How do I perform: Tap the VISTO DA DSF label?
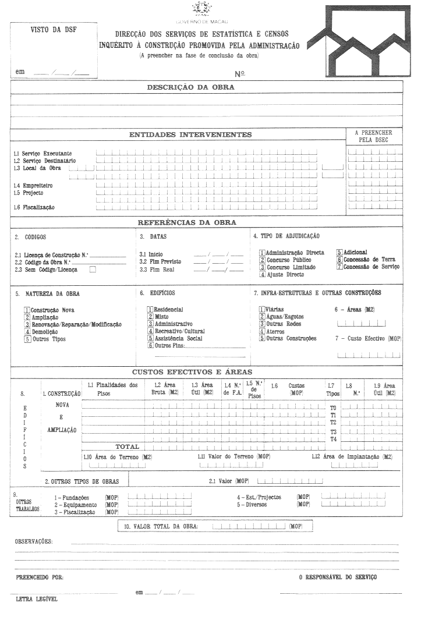[53, 29]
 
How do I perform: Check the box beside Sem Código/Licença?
[92, 270]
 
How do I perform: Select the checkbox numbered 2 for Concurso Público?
[262, 260]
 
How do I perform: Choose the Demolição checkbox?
[27, 332]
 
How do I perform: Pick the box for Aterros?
[262, 331]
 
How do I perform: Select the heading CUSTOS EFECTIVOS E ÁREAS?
[192, 372]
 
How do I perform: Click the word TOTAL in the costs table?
[127, 447]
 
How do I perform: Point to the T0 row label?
[333, 408]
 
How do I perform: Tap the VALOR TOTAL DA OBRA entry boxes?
[249, 526]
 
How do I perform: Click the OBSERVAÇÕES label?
[33, 541]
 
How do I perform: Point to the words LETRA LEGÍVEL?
[36, 598]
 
